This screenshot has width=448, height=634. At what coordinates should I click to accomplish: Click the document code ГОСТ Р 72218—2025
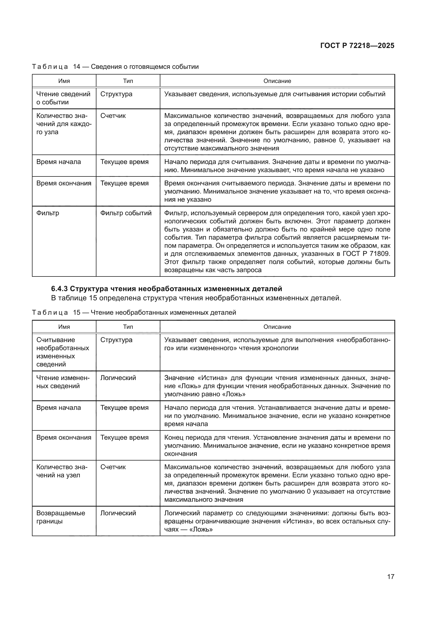pos(357,46)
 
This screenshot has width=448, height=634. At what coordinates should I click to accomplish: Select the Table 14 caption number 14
pos(76,67)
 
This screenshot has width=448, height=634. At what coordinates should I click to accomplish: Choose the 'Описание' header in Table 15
pos(277,327)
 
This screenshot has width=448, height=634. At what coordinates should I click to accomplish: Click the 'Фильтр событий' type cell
pos(126,213)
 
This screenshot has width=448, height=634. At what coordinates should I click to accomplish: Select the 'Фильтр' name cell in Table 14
pos(48,213)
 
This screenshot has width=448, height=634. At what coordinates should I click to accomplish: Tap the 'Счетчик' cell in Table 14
pos(113,116)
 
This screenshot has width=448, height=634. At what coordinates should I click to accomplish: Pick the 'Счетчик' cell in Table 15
pos(113,467)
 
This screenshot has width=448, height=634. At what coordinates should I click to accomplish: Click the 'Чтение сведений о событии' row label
pos(63,98)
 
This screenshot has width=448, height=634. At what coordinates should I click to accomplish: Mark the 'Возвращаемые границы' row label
pos(61,517)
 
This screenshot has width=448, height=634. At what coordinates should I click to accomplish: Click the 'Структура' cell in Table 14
pos(116,94)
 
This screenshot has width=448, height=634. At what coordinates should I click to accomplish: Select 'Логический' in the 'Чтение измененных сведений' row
pos(118,378)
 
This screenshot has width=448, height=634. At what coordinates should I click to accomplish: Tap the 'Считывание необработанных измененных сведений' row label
pos(63,352)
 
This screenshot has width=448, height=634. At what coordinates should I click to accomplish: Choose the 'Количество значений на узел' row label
pos(62,471)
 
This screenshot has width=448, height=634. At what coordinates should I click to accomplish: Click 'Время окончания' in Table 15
pos(64,437)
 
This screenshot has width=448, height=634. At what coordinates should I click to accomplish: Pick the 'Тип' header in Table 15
pos(128,327)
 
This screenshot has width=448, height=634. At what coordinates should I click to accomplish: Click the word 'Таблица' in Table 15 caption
pos(50,313)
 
